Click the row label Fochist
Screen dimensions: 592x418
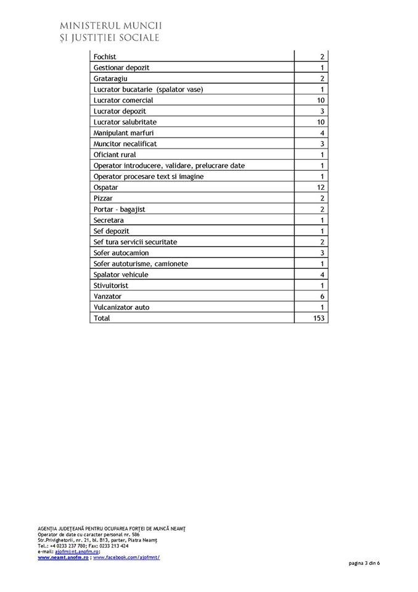pyautogui.click(x=105, y=57)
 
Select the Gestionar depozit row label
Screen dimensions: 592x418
pyautogui.click(x=121, y=68)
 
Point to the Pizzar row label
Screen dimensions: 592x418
pyautogui.click(x=103, y=199)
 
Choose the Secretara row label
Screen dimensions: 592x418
pyautogui.click(x=109, y=220)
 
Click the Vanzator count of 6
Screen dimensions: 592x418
pyautogui.click(x=322, y=297)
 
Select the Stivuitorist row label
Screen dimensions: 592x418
pyautogui.click(x=111, y=286)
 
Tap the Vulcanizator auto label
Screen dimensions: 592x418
pyautogui.click(x=121, y=307)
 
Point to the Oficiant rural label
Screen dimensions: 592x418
pyautogui.click(x=115, y=155)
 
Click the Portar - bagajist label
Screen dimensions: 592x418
pyautogui.click(x=120, y=209)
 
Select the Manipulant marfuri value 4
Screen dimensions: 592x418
pyautogui.click(x=322, y=133)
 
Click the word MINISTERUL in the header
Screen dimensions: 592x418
pyautogui.click(x=90, y=26)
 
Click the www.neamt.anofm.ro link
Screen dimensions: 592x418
pyautogui.click(x=64, y=557)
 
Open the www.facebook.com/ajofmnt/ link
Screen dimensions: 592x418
pyautogui.click(x=126, y=557)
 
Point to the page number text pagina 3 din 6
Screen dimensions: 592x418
pyautogui.click(x=364, y=563)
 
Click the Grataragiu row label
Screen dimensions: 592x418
pyautogui.click(x=110, y=79)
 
